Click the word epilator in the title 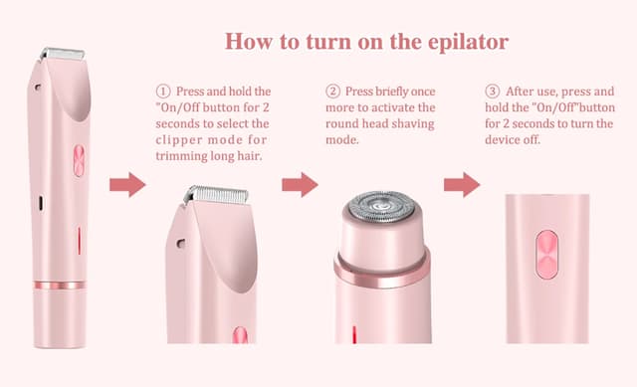tap(464, 42)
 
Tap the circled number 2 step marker tap(333, 93)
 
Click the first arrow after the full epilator tap(126, 185)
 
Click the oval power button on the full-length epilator tap(79, 161)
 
